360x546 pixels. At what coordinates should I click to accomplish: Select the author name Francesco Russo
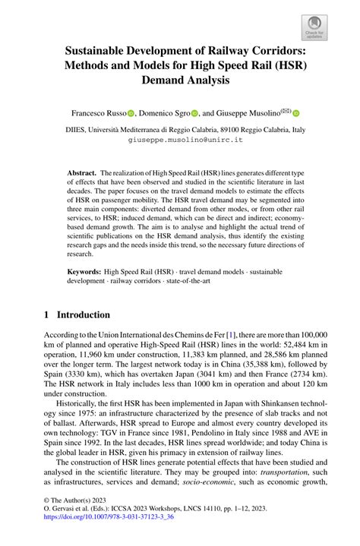pos(102,112)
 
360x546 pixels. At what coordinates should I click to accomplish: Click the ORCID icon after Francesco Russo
pos(131,112)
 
